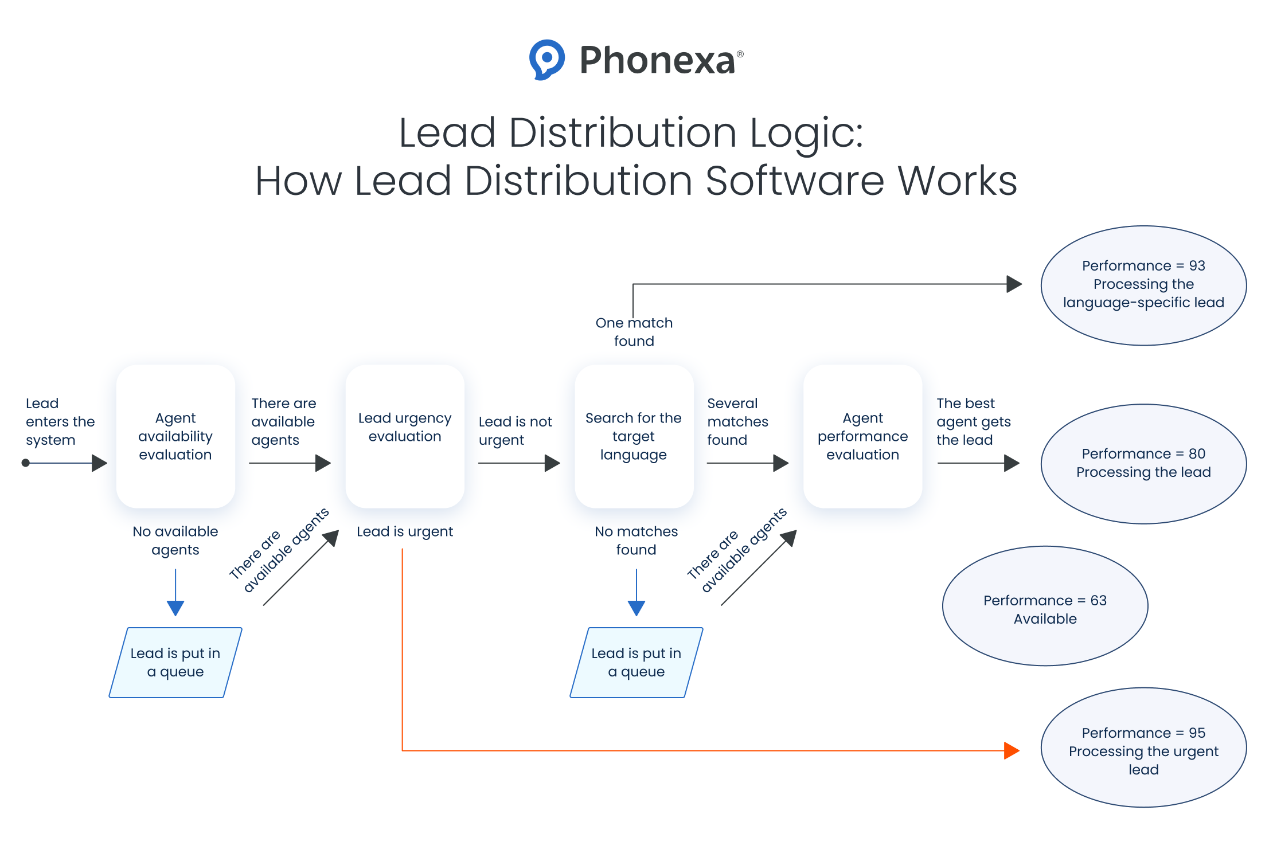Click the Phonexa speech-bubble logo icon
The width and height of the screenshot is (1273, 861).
546,59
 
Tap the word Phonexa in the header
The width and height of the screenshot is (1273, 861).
657,60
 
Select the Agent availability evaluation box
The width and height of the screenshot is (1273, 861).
175,436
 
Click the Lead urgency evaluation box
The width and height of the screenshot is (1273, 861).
405,436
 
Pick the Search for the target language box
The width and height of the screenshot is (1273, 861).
634,436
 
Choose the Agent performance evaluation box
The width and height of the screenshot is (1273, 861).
862,436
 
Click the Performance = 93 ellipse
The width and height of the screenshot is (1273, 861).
1143,285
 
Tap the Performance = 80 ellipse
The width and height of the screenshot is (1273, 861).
1143,463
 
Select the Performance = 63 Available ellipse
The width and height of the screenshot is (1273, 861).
1045,605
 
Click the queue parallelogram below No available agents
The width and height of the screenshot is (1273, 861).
175,662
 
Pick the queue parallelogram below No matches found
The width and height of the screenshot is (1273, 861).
636,662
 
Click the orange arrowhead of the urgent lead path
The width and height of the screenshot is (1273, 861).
1012,750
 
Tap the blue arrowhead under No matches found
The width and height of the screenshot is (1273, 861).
636,608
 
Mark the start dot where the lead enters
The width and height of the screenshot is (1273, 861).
26,463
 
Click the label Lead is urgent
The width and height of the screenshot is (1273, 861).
405,531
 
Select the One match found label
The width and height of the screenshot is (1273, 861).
634,332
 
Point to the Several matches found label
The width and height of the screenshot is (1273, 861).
737,421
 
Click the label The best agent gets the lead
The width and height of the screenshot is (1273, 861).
973,421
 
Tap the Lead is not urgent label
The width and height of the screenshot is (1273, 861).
515,430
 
